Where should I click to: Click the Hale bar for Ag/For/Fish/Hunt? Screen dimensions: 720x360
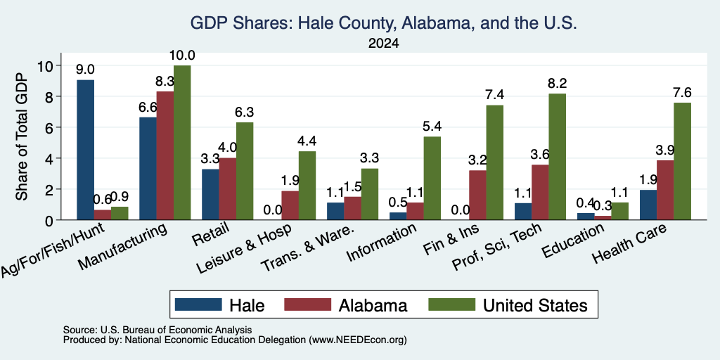click(85, 150)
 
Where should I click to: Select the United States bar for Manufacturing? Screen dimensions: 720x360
click(182, 142)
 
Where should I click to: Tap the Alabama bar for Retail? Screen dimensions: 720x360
click(228, 188)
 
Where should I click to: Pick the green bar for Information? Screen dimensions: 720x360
click(432, 178)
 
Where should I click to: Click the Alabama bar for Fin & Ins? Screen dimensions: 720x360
click(477, 195)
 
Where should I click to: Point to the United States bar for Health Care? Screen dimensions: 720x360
click(682, 161)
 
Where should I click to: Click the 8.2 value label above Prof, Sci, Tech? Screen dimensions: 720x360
click(557, 84)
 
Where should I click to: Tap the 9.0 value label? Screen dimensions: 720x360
click(85, 70)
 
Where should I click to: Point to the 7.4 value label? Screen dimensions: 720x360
click(494, 95)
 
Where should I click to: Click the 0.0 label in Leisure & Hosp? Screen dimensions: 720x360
click(273, 210)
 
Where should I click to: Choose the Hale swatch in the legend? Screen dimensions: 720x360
click(198, 305)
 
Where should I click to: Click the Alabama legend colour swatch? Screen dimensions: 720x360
click(308, 305)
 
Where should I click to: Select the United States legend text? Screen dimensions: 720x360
click(535, 305)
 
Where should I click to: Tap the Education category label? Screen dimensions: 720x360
click(572, 242)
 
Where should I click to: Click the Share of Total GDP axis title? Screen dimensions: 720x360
click(22, 136)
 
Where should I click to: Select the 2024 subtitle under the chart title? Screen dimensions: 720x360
click(383, 44)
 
